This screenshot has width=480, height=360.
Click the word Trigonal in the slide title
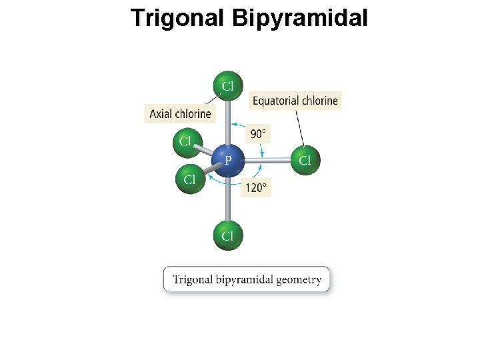178,18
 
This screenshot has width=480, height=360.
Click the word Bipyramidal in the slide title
300,18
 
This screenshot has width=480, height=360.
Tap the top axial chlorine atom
228,86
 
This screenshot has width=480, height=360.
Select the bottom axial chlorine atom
228,235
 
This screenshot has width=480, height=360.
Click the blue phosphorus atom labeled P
227,160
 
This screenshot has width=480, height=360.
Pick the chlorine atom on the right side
305,160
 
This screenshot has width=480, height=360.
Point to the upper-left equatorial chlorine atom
186,141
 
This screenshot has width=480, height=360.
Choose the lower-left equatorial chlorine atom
190,179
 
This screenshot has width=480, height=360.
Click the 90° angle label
258,134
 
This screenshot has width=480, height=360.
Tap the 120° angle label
257,187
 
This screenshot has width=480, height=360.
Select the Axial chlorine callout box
180,114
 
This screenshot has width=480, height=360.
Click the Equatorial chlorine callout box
295,101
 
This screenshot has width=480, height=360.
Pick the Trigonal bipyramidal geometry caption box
247,279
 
